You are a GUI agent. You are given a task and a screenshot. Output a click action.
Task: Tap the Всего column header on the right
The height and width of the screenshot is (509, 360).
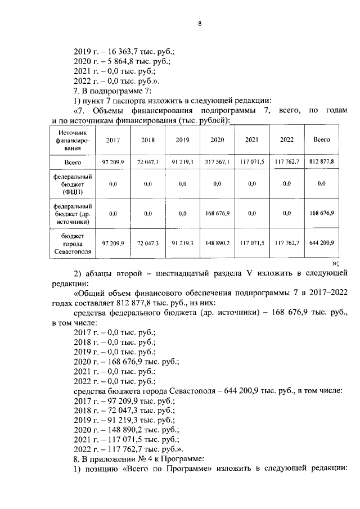[x=321, y=139]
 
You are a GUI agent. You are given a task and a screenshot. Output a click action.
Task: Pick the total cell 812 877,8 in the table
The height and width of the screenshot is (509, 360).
[x=322, y=162]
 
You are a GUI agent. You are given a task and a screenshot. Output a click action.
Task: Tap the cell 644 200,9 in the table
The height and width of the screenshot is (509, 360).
[x=322, y=243]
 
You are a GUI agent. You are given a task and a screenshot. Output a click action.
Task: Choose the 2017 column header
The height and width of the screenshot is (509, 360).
[x=113, y=139]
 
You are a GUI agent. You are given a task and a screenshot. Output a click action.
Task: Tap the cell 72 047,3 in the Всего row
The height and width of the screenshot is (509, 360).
[x=148, y=162]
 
